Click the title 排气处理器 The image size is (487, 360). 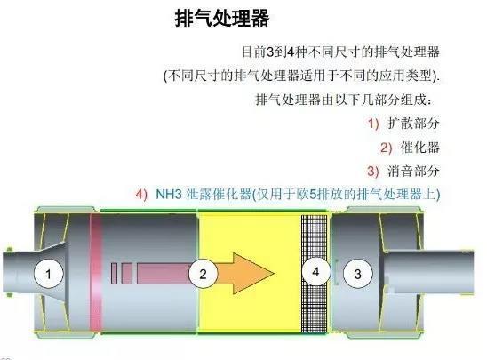(222, 18)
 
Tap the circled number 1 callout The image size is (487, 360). (48, 274)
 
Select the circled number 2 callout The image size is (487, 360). (204, 274)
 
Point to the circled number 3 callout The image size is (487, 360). (357, 274)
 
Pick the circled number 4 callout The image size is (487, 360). (315, 272)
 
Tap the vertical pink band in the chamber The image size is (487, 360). (96, 273)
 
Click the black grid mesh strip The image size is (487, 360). (314, 274)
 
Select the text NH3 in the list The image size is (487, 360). (169, 194)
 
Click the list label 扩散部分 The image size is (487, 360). (413, 124)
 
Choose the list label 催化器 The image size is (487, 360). (420, 148)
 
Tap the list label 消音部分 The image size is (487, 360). (413, 172)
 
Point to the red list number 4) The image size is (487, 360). (141, 195)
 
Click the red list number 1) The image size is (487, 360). (373, 124)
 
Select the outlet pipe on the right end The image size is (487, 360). (428, 272)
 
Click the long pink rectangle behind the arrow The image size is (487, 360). (164, 274)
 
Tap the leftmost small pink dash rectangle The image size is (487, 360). (114, 274)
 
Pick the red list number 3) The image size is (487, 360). (373, 172)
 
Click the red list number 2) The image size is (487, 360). (387, 148)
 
